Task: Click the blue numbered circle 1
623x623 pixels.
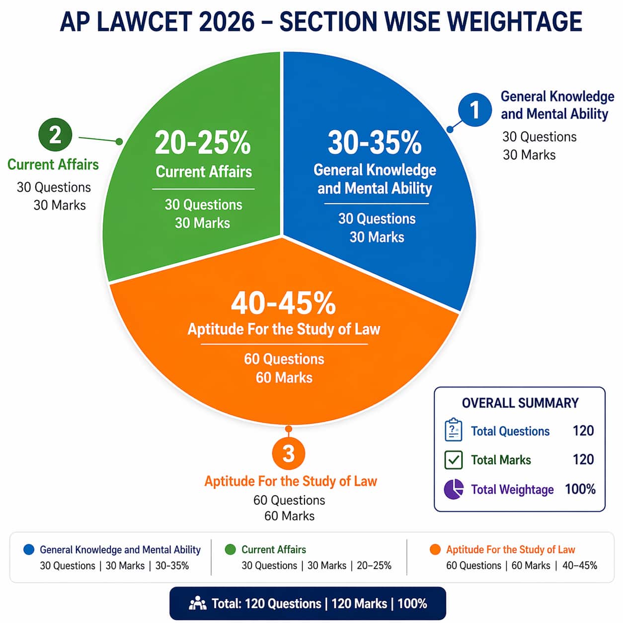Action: (x=475, y=110)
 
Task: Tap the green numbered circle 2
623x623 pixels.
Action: (x=55, y=135)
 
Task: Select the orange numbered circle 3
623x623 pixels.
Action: (x=288, y=454)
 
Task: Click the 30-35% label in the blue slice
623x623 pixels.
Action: (x=375, y=143)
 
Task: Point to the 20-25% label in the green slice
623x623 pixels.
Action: (x=203, y=143)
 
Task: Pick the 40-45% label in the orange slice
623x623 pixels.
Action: (x=283, y=303)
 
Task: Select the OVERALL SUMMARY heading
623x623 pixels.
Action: (x=520, y=403)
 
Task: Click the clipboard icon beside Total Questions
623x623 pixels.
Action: (x=453, y=430)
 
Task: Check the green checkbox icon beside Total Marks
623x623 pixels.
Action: (x=453, y=460)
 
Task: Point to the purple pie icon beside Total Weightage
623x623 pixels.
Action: (x=453, y=489)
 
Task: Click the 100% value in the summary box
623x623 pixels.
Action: (x=580, y=489)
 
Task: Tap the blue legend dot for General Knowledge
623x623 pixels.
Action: (x=29, y=549)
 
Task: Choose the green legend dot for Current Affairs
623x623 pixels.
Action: (x=230, y=549)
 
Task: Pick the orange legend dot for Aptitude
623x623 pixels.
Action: (x=435, y=549)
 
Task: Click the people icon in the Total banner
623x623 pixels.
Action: (x=198, y=603)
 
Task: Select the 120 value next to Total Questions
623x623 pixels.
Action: (x=583, y=431)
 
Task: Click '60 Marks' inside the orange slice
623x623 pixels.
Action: (x=284, y=378)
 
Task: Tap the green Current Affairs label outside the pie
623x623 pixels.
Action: (x=53, y=164)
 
